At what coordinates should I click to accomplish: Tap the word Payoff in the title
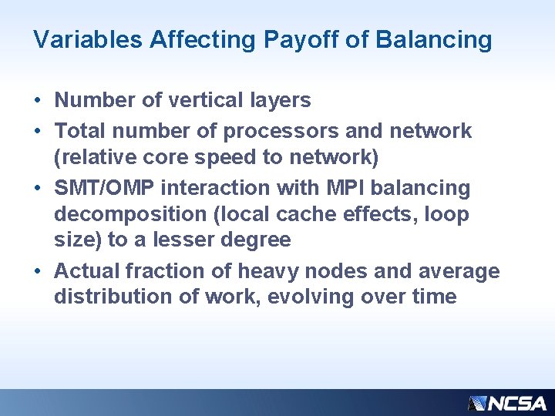tap(291, 39)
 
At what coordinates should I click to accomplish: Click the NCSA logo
tap(507, 402)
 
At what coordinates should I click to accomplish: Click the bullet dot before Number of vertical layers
tap(38, 101)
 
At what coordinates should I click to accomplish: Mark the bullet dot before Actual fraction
tap(38, 272)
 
